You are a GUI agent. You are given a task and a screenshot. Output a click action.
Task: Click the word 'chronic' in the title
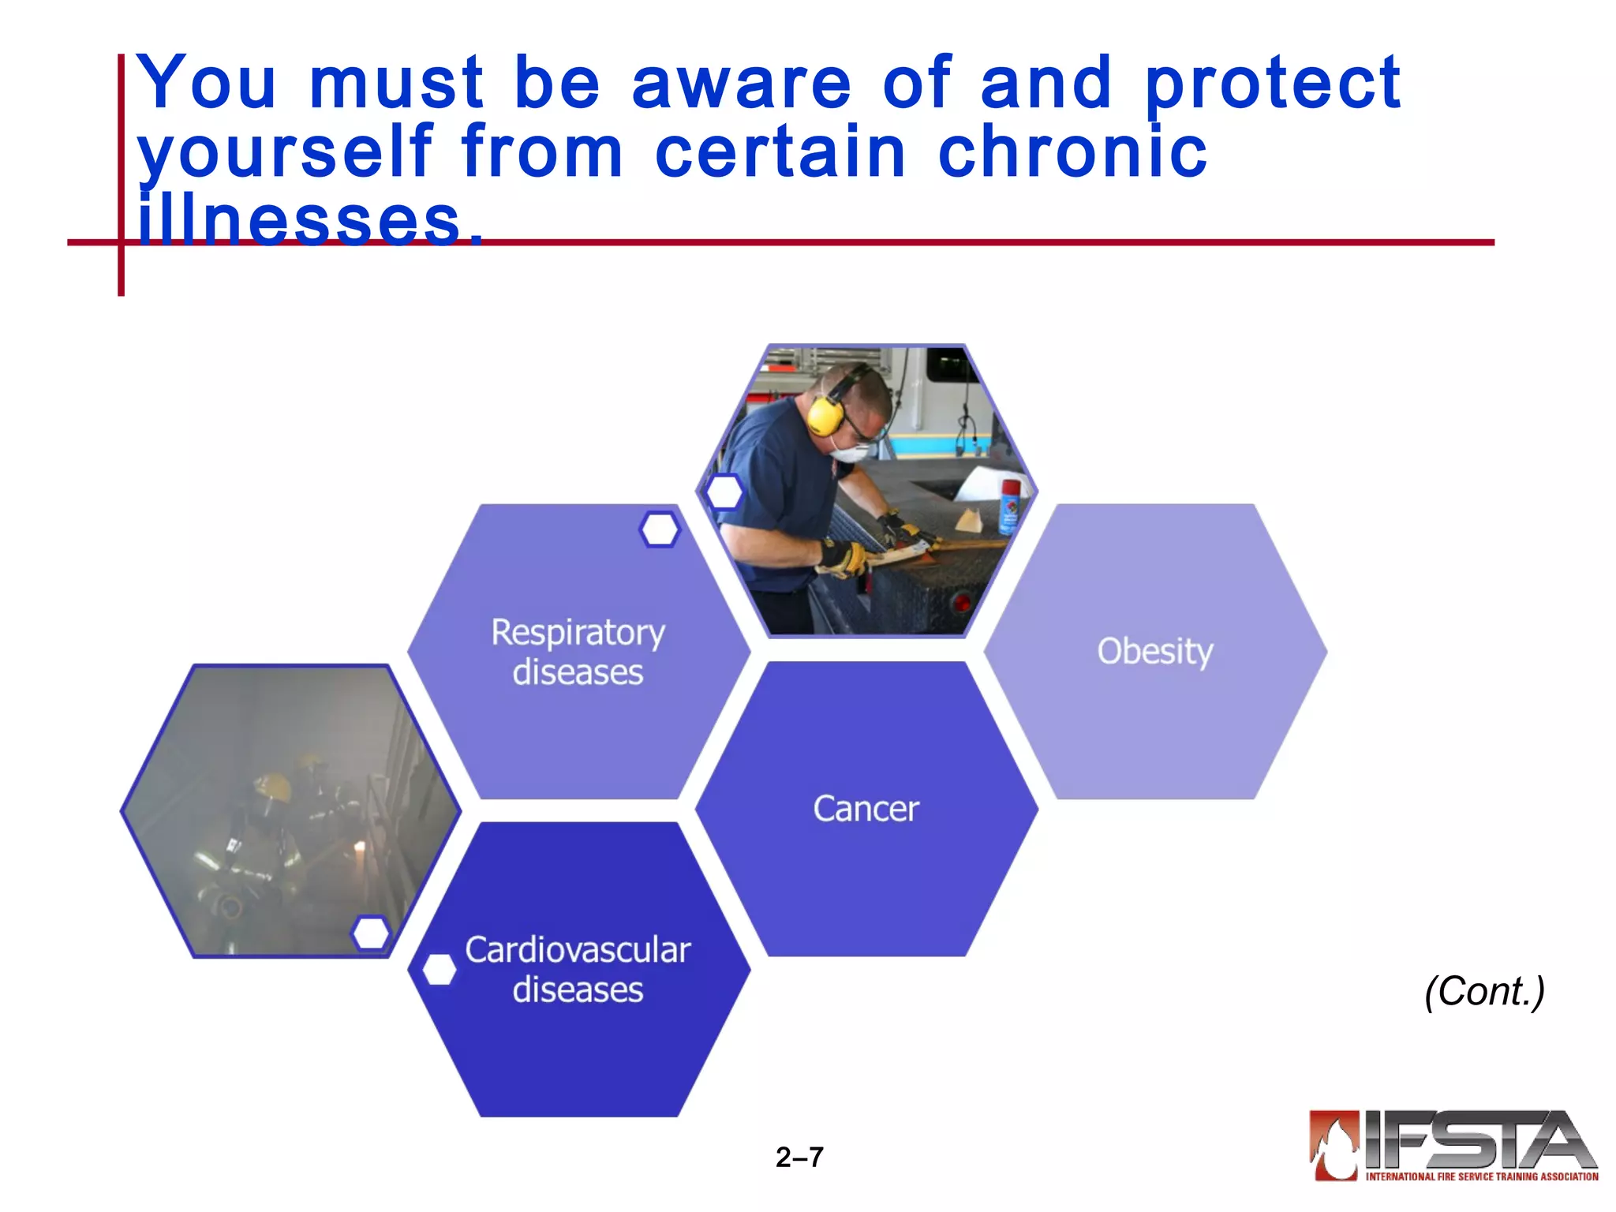pos(1072,151)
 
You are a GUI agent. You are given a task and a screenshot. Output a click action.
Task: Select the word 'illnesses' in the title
pos(300,220)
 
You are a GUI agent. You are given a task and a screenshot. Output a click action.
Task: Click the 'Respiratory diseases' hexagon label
pos(578,652)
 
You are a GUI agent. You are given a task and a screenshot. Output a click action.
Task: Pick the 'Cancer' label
pos(866,809)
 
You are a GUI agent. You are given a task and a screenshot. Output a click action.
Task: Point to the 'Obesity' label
pos(1155,652)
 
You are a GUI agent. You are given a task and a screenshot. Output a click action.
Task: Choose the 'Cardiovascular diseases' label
pos(578,969)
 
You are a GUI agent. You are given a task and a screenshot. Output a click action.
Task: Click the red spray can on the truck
pos(1009,505)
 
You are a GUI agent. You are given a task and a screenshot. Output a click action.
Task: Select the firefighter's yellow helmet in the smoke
pos(272,786)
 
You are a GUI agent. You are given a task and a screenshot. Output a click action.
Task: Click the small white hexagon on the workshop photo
pos(724,492)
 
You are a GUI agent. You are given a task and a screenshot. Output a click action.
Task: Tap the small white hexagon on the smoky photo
pos(370,933)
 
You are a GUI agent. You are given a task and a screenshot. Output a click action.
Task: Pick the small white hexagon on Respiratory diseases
pos(660,529)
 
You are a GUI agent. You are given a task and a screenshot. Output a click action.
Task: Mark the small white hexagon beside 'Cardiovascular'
pos(439,970)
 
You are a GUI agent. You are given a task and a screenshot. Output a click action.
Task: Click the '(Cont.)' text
pos(1483,991)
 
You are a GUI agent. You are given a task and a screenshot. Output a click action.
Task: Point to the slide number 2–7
pos(799,1158)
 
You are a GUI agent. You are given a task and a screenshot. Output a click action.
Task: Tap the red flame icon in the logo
pos(1334,1144)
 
